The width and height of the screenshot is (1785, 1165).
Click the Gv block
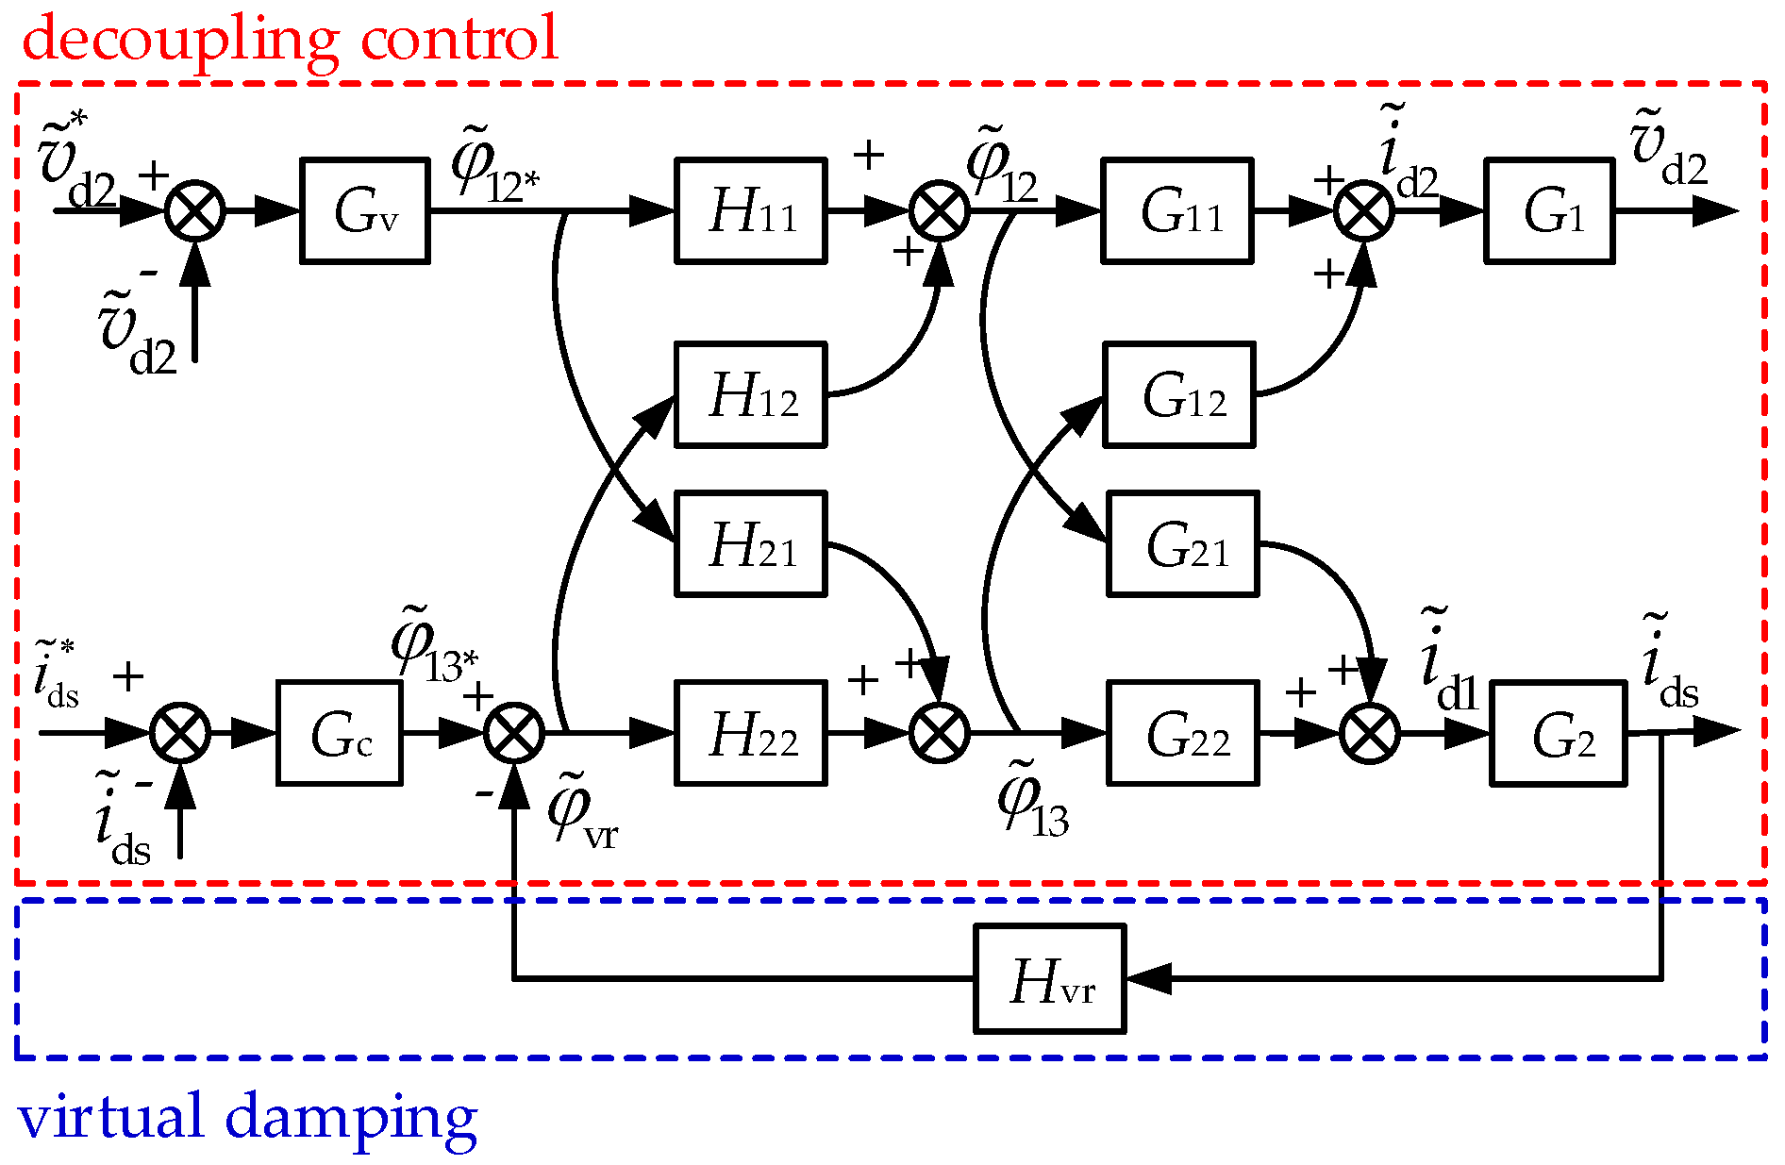365,210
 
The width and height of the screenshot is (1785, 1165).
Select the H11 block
751,210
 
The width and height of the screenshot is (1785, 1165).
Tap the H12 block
751,394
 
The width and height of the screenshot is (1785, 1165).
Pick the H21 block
751,543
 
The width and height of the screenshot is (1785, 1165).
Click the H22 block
751,733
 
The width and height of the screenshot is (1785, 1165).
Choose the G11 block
1177,210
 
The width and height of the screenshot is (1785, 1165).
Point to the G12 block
1179,394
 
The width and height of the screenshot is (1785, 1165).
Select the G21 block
1182,543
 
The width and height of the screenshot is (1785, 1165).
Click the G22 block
1182,733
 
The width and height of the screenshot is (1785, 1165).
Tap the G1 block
1549,210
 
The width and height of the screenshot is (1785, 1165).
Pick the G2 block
1558,733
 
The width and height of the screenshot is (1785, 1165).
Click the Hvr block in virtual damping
1050,978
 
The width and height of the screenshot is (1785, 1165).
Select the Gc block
340,733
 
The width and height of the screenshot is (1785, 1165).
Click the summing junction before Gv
195,210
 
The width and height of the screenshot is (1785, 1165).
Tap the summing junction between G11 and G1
1364,210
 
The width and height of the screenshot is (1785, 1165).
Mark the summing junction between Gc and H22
514,733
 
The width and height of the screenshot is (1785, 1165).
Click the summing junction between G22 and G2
1370,733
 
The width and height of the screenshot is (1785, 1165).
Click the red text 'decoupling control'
291,40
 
